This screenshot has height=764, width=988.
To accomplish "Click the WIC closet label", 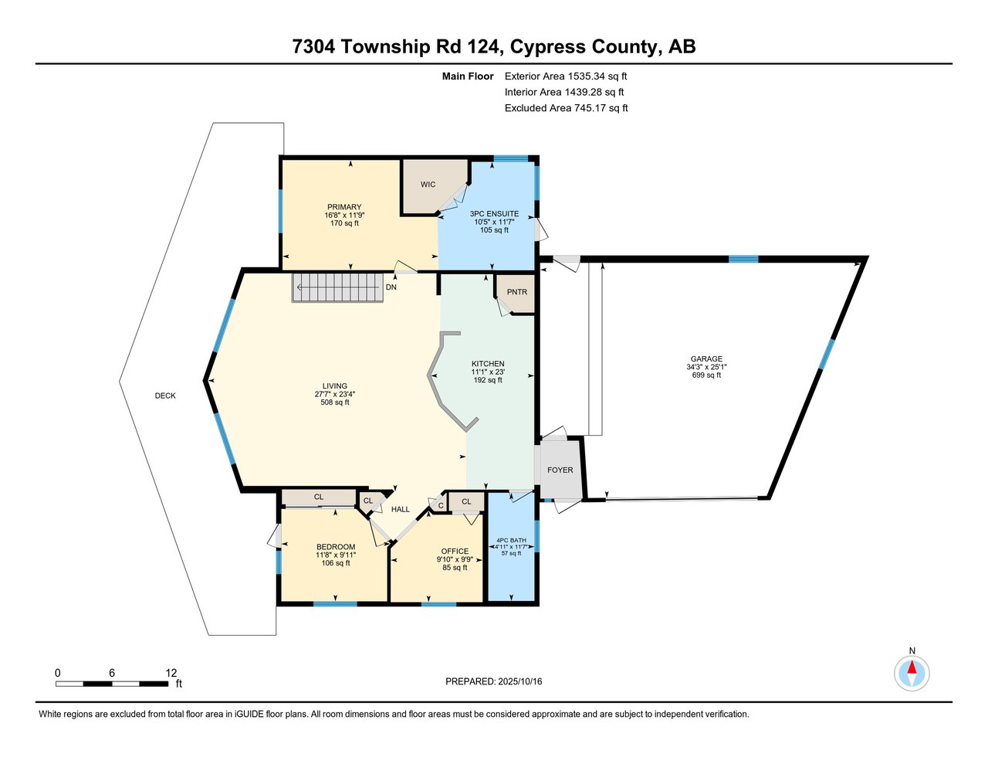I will pos(428,185).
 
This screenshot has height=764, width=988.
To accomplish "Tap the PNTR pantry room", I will pos(516,292).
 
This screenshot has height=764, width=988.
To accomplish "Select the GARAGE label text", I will pos(706,359).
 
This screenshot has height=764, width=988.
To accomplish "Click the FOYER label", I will pos(560,470).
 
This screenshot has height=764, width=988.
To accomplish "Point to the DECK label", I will pos(165,396).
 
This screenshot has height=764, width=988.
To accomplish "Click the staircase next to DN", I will pos(337,287).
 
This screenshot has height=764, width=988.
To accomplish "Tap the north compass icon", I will pos(912,673).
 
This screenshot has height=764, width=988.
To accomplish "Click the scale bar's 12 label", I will pos(171,673).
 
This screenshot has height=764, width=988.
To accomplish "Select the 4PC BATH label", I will pos(513,540).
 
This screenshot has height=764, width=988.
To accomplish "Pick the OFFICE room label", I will pos(455,552).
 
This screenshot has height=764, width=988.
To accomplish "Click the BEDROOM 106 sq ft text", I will pos(336,563).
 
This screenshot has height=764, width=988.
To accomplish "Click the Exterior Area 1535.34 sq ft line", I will pos(566,76).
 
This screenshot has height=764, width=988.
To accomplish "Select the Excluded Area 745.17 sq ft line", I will pos(566,108).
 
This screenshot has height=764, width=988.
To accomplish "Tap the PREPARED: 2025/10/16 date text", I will pos(494,681).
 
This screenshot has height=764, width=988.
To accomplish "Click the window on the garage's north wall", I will pos(743,260).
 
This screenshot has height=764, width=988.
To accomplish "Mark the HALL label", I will pos(401,509).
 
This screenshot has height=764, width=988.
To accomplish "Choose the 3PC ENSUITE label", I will pos(494,214).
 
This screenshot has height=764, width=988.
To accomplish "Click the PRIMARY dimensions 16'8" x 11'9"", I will pos(344,216).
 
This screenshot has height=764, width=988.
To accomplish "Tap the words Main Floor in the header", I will pos(468,76).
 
